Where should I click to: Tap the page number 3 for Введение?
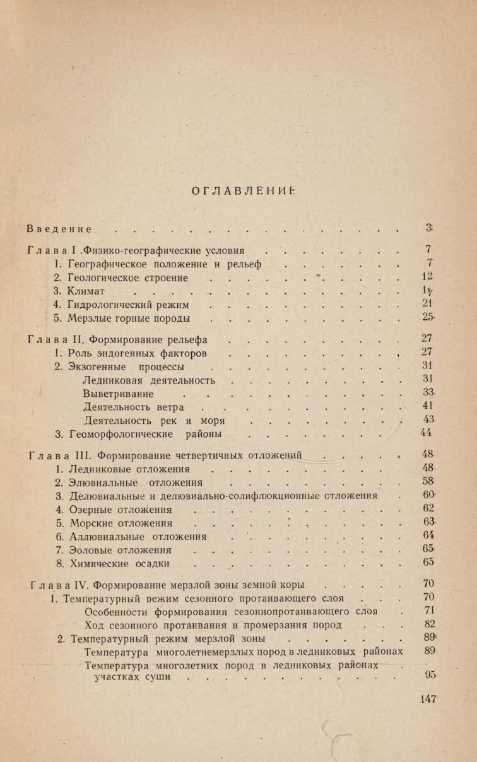point(428,228)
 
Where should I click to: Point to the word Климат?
point(86,291)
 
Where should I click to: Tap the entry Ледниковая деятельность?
point(149,380)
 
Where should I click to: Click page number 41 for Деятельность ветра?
point(428,406)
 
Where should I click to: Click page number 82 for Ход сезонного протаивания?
point(430,624)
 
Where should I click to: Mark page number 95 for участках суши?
point(430,675)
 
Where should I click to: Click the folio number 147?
point(428,698)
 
